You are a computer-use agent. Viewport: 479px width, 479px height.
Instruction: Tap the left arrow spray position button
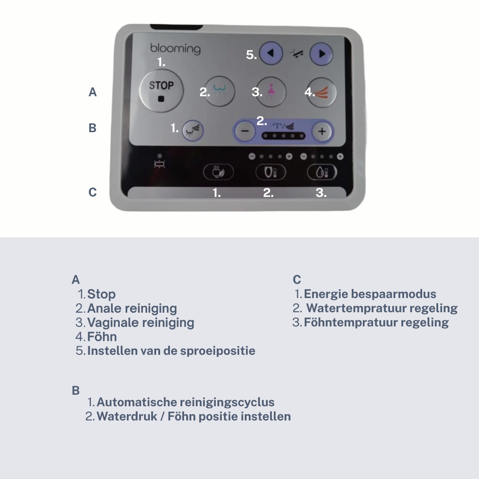(x=271, y=54)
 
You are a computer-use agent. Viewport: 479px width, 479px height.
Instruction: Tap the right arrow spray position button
(x=322, y=54)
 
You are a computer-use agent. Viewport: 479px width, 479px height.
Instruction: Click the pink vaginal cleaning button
(x=271, y=92)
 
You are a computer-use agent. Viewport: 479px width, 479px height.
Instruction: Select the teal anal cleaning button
(x=220, y=91)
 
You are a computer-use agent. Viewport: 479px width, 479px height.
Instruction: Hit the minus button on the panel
(x=245, y=131)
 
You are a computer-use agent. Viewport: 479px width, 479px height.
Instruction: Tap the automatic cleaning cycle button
(x=193, y=130)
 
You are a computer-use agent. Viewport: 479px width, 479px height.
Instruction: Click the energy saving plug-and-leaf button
(x=218, y=172)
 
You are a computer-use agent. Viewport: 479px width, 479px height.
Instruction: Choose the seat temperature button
(x=271, y=172)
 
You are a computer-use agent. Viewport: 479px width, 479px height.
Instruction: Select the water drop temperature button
(x=322, y=172)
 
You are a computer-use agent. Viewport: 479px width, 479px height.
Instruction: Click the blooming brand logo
(x=175, y=49)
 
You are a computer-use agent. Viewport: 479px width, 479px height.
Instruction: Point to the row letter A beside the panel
(x=93, y=92)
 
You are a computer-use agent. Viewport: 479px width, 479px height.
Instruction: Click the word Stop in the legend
(x=102, y=294)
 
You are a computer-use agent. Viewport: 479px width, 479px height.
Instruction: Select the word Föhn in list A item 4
(x=102, y=337)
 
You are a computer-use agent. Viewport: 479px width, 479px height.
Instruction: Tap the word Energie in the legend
(x=326, y=294)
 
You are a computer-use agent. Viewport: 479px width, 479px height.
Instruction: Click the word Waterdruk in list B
(x=127, y=416)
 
